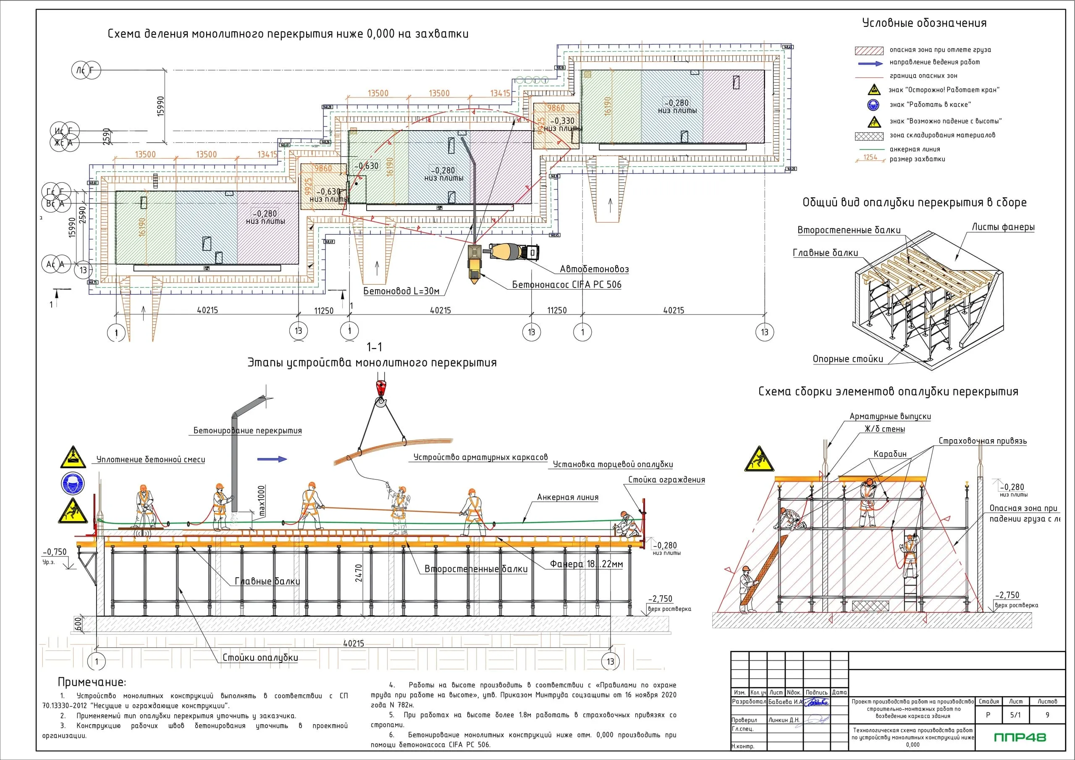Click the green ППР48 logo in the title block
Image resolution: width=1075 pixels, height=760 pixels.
coord(1020,737)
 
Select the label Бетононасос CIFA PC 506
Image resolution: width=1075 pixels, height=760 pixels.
coord(566,285)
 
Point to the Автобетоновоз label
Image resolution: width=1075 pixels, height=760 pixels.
coord(594,269)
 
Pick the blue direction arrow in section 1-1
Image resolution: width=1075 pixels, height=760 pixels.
coord(272,459)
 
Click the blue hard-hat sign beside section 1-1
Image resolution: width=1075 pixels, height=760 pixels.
coord(73,483)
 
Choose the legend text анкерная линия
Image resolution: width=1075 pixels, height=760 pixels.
coord(915,149)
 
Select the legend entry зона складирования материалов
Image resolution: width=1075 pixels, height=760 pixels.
coord(942,135)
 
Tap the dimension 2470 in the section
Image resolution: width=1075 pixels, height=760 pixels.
coord(359,573)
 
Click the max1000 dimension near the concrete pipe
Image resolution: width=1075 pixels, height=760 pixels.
coord(261,501)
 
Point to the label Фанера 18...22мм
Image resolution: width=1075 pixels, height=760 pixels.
coord(586,564)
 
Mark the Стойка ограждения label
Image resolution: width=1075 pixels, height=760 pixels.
coord(666,480)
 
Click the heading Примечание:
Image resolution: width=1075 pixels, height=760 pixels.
coord(92,682)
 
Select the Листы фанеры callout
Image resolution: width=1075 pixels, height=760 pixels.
coord(1003,227)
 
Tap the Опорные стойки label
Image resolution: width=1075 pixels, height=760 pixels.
coord(847,359)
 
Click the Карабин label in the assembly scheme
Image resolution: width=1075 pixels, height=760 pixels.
coord(889,454)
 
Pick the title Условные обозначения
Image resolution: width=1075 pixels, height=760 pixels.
coord(924,23)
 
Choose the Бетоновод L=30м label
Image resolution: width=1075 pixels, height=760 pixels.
coord(401,291)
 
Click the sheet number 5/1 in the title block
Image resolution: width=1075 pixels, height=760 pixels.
coord(1015,715)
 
